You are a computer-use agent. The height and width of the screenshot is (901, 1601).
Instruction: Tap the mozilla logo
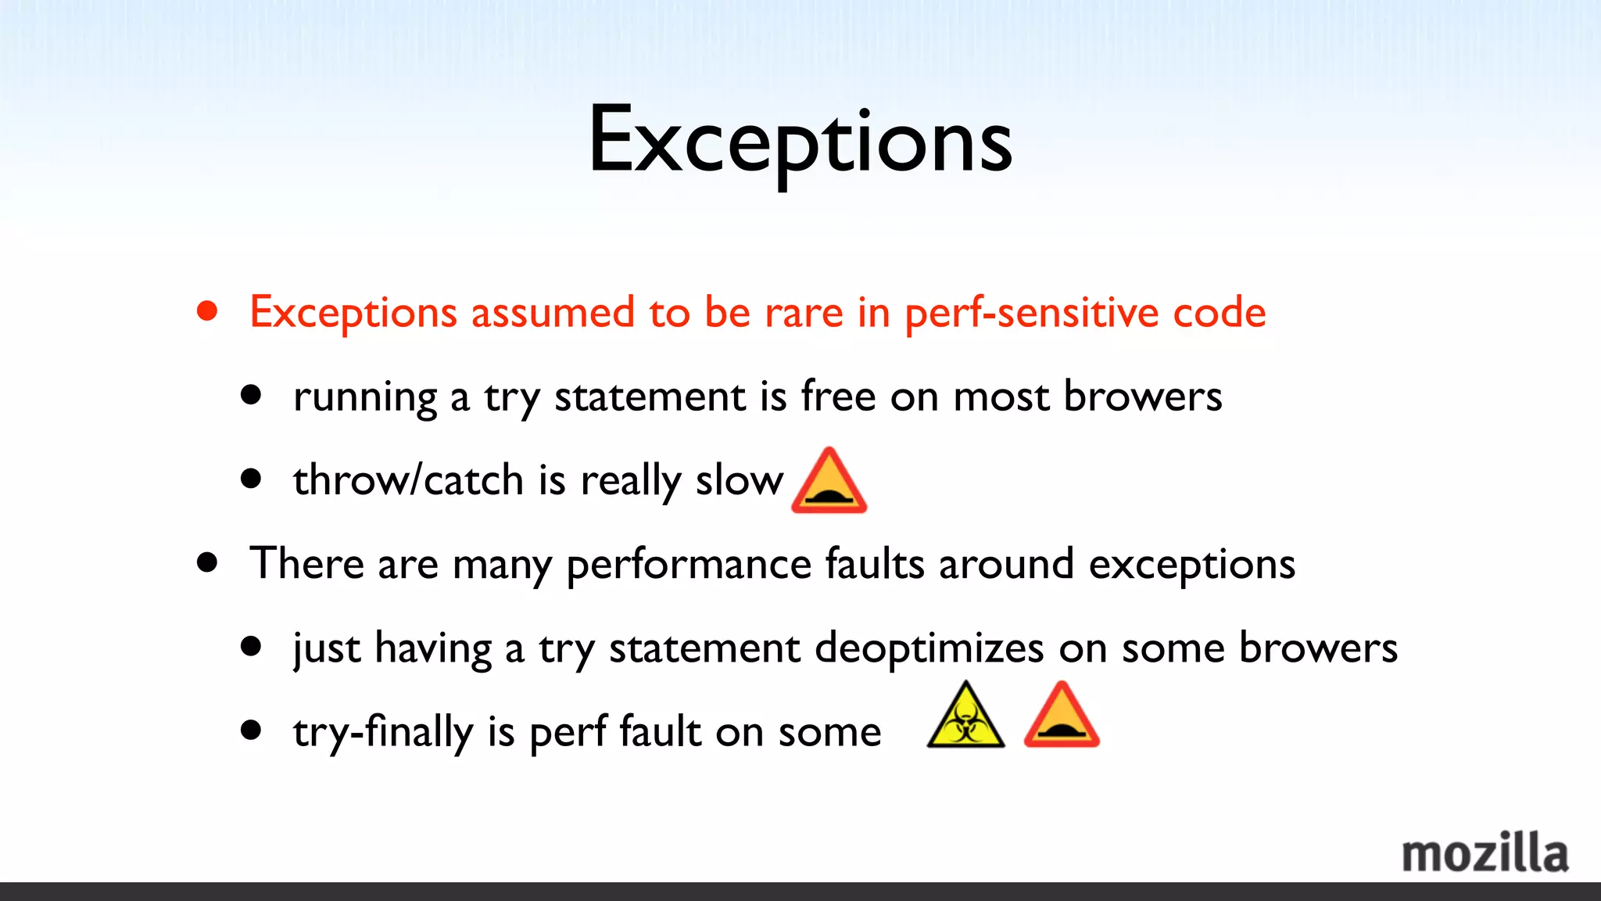[x=1484, y=853]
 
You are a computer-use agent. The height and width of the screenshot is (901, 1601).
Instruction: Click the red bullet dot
[x=207, y=312]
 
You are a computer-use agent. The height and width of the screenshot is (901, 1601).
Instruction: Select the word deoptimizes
[x=929, y=648]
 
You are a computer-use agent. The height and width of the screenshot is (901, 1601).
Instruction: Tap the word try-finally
[x=383, y=732]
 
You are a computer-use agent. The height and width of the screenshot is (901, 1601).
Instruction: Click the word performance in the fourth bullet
[x=689, y=564]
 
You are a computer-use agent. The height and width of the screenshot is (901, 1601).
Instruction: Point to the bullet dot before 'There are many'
[x=207, y=562]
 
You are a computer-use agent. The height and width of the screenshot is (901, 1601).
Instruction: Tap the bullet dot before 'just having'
[x=251, y=647]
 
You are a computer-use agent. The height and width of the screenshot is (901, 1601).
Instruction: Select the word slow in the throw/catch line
[x=739, y=479]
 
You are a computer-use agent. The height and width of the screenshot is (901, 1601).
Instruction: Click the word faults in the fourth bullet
[x=875, y=564]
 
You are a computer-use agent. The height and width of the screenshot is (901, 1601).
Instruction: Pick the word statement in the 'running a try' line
[x=650, y=396]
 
